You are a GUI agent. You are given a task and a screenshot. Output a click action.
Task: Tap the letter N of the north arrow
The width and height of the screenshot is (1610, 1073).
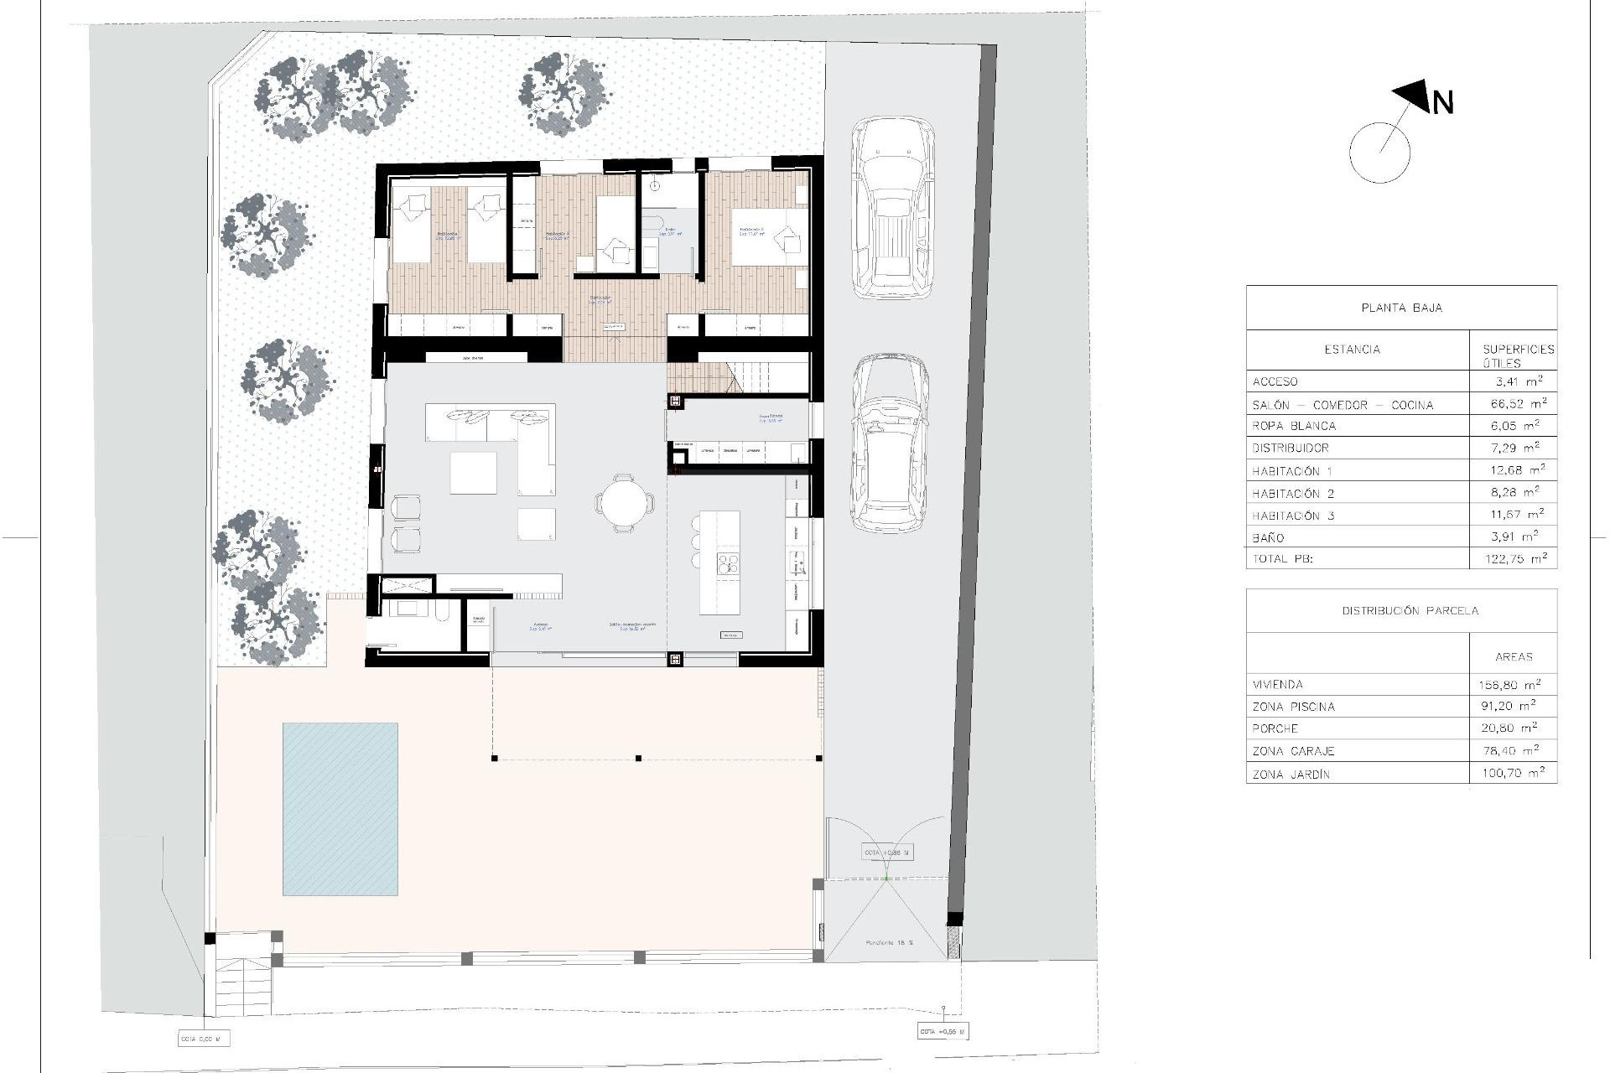[1442, 103]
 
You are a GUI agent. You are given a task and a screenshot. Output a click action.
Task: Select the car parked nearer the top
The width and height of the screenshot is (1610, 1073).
[892, 207]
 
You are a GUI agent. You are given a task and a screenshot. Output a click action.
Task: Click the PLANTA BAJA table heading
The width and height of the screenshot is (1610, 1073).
[1401, 308]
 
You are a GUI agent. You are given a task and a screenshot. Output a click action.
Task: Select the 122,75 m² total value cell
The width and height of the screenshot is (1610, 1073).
[1513, 558]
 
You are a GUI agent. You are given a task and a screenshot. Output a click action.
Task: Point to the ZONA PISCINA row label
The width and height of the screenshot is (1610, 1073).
[1293, 707]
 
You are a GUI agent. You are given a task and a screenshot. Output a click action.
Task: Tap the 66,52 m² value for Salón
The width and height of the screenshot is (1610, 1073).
[1513, 404]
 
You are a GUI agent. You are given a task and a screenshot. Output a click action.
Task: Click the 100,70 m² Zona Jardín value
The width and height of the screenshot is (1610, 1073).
[1513, 774]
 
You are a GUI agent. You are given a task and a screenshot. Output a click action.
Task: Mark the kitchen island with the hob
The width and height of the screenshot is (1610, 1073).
[719, 563]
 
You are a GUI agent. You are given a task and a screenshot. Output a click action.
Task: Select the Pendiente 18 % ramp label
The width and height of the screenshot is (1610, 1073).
[889, 943]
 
